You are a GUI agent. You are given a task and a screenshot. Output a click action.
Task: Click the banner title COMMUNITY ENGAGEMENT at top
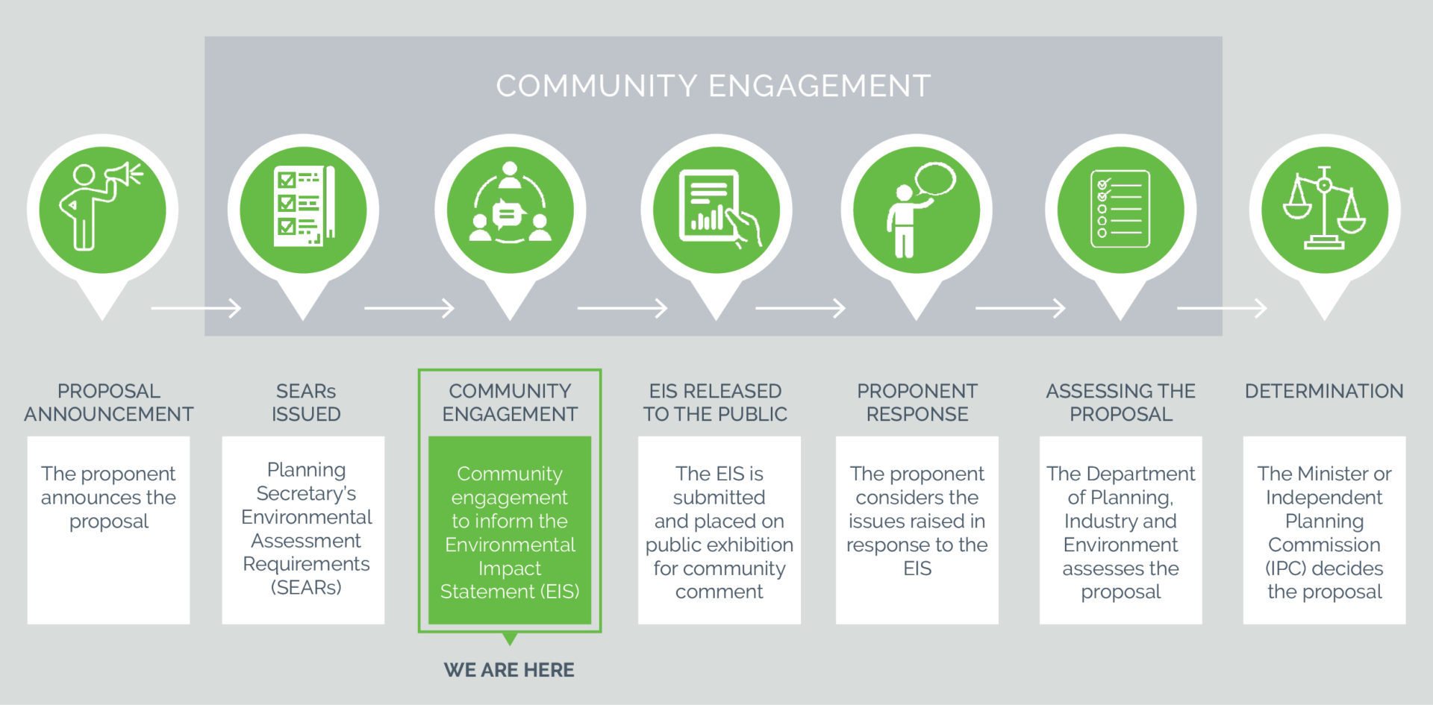(x=714, y=86)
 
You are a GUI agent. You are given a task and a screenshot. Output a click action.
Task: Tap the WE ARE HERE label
(x=509, y=670)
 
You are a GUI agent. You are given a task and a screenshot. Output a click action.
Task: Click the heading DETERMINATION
(x=1324, y=391)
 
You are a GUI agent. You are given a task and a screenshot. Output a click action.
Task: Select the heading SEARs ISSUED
(x=306, y=402)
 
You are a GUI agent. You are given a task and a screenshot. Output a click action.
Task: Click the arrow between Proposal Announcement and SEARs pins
(x=196, y=307)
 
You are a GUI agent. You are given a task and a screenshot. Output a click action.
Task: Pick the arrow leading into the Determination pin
(x=1222, y=307)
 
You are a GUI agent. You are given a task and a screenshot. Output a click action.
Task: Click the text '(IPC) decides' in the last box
(x=1324, y=568)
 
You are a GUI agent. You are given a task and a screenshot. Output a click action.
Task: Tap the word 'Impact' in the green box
(x=510, y=568)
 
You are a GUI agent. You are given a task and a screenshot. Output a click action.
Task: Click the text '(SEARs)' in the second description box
(x=306, y=588)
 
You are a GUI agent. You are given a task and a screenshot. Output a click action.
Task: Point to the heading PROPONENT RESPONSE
(x=917, y=402)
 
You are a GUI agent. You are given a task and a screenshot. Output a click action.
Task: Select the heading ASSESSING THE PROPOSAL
(x=1120, y=402)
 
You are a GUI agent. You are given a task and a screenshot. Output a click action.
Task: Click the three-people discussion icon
(x=510, y=203)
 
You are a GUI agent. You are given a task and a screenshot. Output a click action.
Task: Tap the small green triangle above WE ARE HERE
(x=510, y=639)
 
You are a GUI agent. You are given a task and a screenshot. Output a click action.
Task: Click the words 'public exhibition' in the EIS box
(x=719, y=545)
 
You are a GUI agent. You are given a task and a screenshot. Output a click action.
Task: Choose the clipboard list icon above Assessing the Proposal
(x=1120, y=209)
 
